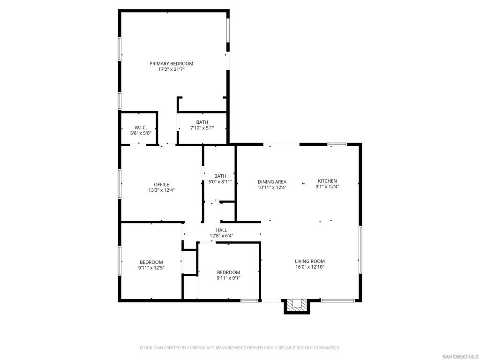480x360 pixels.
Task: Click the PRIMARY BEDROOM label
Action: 171,64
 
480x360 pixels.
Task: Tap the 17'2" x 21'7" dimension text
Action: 171,69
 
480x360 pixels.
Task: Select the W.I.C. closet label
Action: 141,127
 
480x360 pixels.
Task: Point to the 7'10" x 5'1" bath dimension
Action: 202,128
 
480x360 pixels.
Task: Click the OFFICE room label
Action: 161,185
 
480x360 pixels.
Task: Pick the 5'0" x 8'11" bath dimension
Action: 220,182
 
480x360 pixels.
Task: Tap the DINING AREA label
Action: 272,182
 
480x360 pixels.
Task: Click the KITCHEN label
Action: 327,181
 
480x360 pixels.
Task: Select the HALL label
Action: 221,230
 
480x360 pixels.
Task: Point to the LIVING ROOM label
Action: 310,261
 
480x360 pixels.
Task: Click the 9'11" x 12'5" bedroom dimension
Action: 151,268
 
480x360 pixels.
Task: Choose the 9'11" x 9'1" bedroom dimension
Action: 228,278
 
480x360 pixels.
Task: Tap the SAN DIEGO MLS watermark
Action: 460,357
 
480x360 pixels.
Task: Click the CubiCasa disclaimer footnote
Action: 240,348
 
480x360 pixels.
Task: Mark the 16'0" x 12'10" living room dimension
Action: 310,267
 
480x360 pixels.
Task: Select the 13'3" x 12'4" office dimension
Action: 161,190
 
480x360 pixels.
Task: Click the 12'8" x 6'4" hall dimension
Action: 221,236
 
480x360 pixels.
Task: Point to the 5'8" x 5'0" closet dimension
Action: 141,133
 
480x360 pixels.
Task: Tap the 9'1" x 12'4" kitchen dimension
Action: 327,187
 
